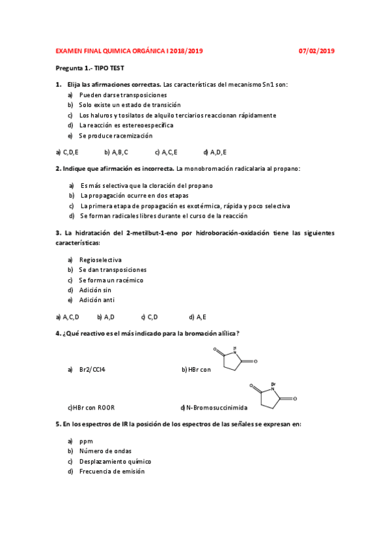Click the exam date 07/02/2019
316,50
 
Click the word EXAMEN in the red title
69,50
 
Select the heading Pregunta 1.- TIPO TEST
89,68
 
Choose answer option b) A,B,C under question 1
117,152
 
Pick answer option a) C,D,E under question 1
67,152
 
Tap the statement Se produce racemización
115,136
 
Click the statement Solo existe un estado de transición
130,105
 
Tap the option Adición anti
96,301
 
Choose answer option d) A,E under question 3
197,317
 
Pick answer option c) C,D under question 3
150,317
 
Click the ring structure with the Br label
273,398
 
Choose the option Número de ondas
105,451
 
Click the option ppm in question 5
86,441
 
